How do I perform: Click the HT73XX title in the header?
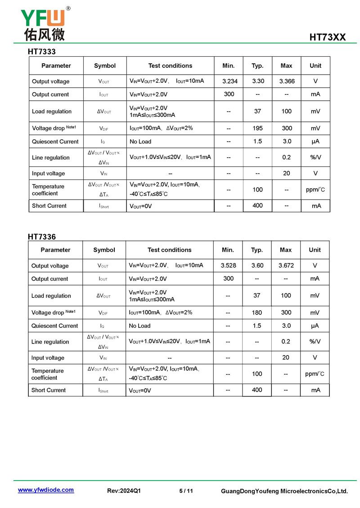click(x=327, y=37)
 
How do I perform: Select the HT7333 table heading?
click(x=42, y=52)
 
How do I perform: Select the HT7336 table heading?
click(x=42, y=236)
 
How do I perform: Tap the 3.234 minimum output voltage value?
click(x=229, y=81)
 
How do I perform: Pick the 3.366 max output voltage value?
click(x=287, y=81)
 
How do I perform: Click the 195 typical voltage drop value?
click(x=257, y=128)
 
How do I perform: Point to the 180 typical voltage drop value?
click(x=257, y=312)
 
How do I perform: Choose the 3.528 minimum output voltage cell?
click(x=228, y=266)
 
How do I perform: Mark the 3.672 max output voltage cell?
click(x=286, y=266)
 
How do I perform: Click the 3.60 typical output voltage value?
click(x=257, y=266)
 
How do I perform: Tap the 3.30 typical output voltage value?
click(x=258, y=81)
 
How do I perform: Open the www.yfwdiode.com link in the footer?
click(x=45, y=490)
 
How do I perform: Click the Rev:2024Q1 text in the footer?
click(x=124, y=491)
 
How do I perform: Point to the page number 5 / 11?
click(x=186, y=491)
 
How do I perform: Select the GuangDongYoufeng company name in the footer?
click(x=284, y=491)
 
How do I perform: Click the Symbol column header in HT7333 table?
click(x=105, y=66)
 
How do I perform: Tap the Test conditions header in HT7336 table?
click(x=169, y=250)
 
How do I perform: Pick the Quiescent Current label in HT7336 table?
click(x=54, y=326)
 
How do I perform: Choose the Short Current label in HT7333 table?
click(x=49, y=206)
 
